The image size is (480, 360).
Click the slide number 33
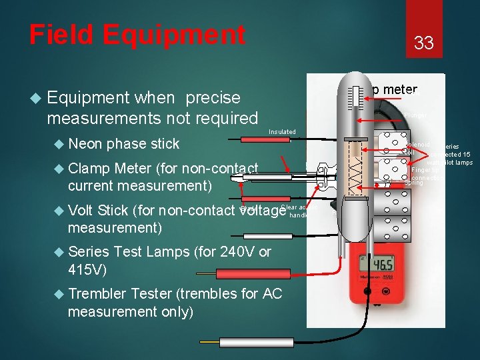(x=424, y=43)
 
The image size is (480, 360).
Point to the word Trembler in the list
(x=98, y=293)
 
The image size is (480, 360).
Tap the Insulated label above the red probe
(x=281, y=132)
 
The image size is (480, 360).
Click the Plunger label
(x=414, y=115)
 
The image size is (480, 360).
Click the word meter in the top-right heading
(x=400, y=90)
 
